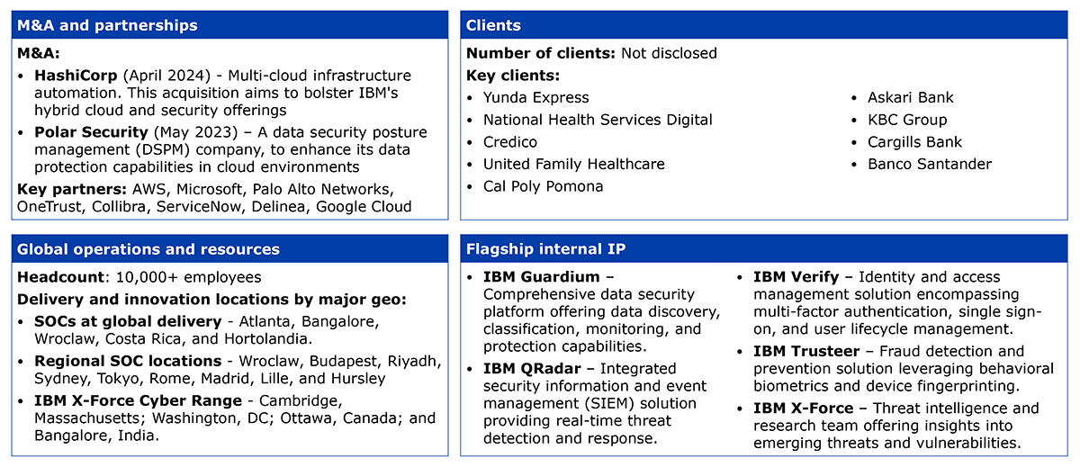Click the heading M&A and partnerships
tap(107, 25)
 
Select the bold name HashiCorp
tap(76, 76)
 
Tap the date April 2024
tap(166, 76)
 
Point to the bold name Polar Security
tap(91, 132)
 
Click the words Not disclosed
tap(669, 53)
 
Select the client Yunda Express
tap(536, 98)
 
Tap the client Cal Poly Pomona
tap(544, 186)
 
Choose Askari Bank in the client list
tap(910, 98)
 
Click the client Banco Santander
tap(930, 165)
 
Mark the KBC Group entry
tap(907, 120)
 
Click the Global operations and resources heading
tap(148, 249)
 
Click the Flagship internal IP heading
tap(545, 248)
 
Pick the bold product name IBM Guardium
tap(542, 277)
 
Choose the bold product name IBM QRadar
tap(532, 369)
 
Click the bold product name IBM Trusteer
tap(806, 351)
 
